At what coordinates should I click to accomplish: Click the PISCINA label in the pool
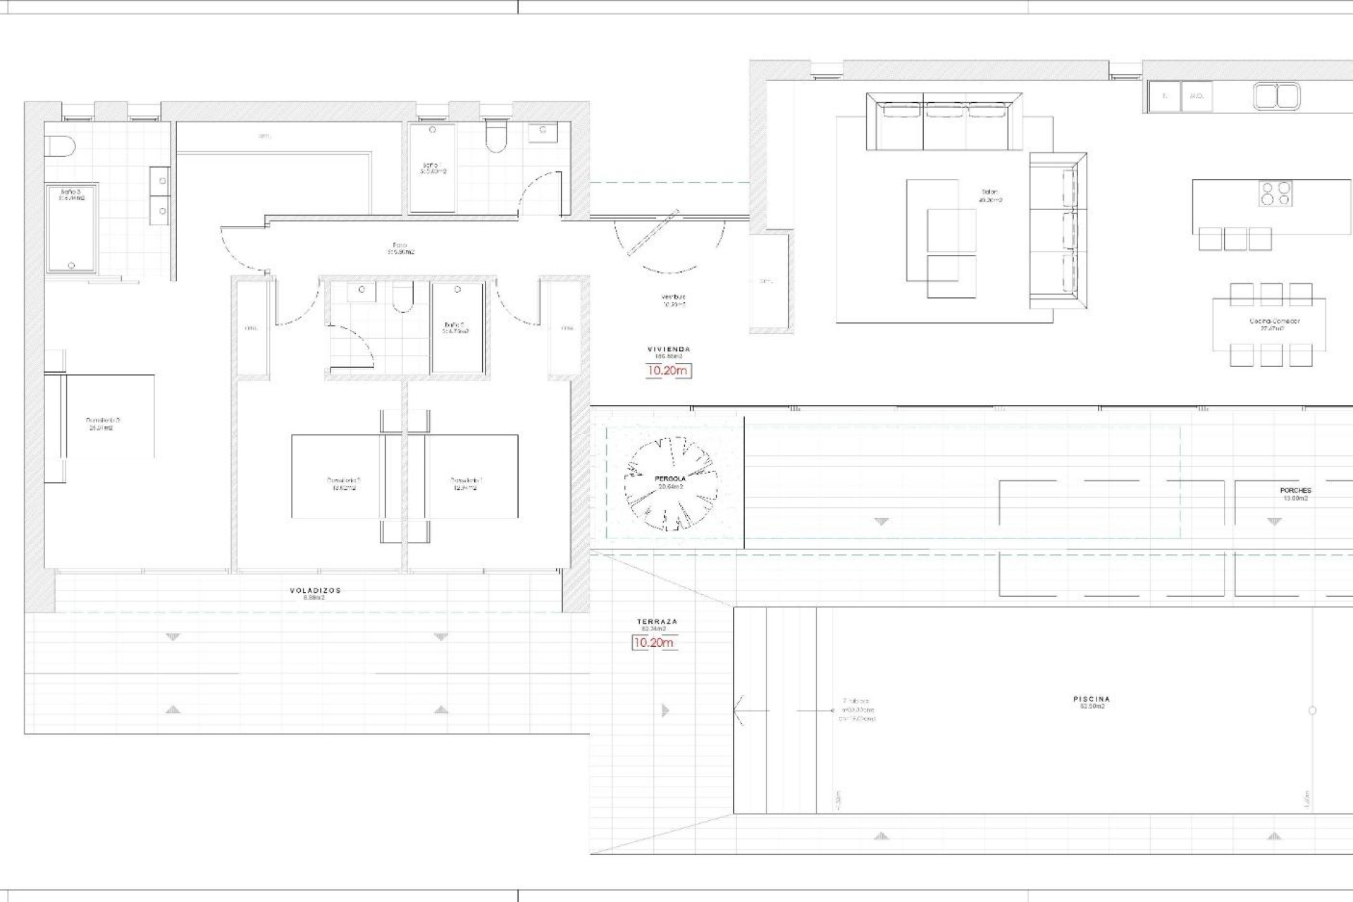(1092, 699)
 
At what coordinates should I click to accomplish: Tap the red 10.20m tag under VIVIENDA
(668, 371)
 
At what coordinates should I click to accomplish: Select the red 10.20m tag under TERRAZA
(653, 643)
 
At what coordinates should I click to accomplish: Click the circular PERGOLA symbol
(670, 483)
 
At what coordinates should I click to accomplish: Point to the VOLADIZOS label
(315, 591)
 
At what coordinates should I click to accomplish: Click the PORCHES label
(1295, 490)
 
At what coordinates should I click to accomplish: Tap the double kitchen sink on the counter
(1276, 97)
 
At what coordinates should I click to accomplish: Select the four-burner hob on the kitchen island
(1275, 194)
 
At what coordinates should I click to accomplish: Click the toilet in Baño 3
(60, 147)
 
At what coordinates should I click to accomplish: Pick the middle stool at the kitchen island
(1235, 239)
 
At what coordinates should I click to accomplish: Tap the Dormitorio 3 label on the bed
(99, 423)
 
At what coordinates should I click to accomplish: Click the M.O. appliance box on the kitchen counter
(1196, 97)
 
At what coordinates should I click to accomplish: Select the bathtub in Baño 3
(71, 229)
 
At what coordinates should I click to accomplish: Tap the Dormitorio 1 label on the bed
(466, 483)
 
